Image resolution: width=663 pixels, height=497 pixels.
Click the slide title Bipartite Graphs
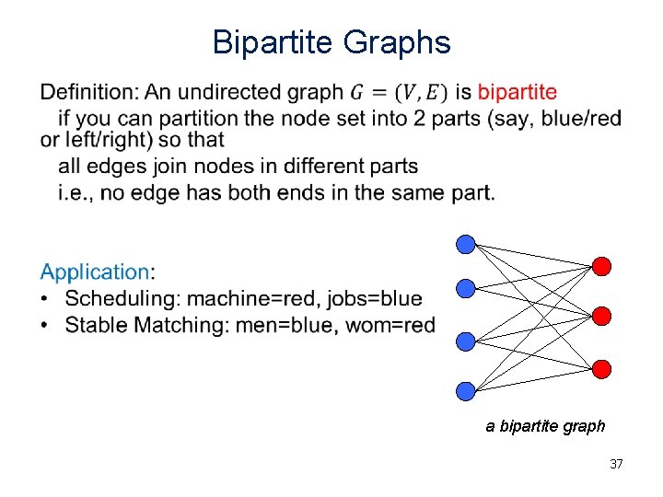331,42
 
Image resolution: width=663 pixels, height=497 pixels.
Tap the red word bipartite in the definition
517,92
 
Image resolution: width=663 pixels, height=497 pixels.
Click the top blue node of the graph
466,245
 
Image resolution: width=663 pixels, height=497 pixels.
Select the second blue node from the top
466,289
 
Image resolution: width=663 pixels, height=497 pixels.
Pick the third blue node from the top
466,341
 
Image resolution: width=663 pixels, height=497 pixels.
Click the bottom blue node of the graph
466,390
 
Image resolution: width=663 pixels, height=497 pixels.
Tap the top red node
601,267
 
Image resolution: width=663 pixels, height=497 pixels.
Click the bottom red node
601,369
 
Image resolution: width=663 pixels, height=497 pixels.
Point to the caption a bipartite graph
546,426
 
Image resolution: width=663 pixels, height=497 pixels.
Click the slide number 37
616,464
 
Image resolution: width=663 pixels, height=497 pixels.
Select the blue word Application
94,272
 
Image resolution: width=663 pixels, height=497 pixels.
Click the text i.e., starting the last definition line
77,191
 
